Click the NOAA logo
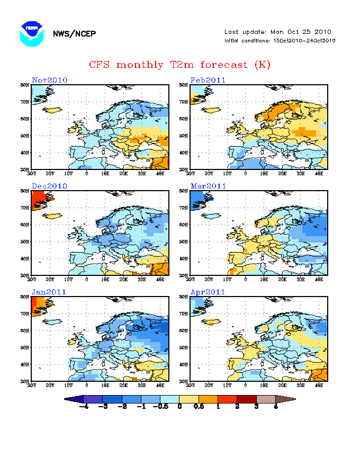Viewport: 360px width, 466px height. click(31, 34)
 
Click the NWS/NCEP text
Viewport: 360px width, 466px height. click(74, 34)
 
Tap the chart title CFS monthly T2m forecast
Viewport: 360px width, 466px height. click(179, 65)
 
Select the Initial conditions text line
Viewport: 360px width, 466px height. click(280, 41)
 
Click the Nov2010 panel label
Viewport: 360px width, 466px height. click(50, 80)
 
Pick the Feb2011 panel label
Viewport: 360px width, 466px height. click(209, 80)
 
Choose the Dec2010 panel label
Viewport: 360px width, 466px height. click(50, 186)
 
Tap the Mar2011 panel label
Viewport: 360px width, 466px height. click(209, 186)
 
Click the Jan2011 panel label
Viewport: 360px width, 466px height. click(50, 292)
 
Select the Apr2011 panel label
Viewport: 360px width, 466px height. click(209, 292)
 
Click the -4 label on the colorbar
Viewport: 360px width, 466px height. click(83, 407)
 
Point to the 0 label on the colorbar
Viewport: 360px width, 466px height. click(180, 407)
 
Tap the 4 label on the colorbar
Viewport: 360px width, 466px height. click(276, 407)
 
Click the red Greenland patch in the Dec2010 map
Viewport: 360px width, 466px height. click(40, 200)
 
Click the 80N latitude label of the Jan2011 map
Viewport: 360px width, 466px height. click(24, 297)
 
